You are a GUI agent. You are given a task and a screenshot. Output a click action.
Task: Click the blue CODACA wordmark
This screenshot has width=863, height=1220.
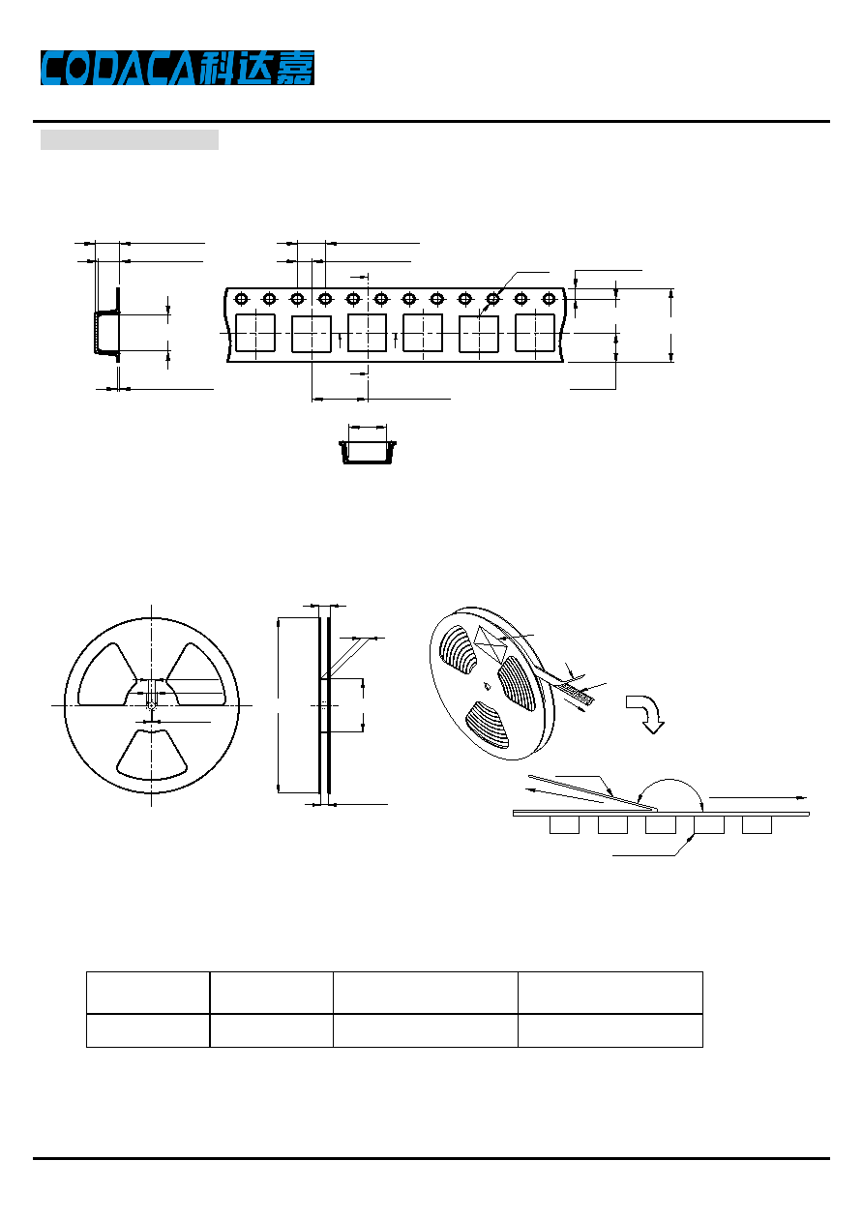point(118,68)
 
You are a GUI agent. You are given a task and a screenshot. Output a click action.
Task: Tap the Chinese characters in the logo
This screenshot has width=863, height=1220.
point(256,68)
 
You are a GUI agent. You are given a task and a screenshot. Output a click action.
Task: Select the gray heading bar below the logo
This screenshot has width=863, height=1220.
point(130,139)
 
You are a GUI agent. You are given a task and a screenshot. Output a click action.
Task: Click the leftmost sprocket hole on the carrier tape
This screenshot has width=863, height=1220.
point(241,298)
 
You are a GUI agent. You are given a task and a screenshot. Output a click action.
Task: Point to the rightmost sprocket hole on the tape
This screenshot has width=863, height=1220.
point(549,298)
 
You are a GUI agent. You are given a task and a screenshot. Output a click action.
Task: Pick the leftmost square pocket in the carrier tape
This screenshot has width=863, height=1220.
point(255,333)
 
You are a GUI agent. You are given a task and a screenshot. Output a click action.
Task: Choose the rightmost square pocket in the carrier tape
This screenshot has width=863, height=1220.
point(535,333)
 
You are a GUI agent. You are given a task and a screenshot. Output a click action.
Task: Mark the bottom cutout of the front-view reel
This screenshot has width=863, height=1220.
point(151,755)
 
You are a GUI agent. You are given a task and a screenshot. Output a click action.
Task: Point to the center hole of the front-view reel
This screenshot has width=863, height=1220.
point(151,706)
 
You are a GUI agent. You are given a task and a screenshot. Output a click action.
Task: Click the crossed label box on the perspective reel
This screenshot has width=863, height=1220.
point(491,644)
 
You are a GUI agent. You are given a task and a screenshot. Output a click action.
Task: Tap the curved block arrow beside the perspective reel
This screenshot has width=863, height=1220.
point(645,714)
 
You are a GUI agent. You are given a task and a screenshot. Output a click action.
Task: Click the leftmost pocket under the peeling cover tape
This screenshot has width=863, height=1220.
point(564,824)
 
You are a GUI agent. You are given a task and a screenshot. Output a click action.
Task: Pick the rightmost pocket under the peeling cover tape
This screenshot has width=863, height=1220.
point(757,824)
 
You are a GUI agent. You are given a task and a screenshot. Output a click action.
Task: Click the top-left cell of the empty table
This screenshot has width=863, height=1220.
point(148,993)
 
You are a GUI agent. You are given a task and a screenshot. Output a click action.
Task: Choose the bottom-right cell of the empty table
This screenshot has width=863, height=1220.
point(610,1030)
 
